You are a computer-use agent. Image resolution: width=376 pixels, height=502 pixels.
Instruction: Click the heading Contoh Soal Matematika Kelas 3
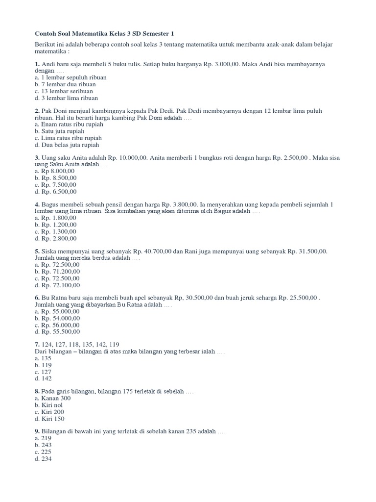click(104, 33)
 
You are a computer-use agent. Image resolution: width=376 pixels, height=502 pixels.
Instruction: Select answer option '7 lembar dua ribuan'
click(65, 84)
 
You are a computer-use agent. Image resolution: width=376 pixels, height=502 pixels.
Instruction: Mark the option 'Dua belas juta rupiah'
click(67, 145)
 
